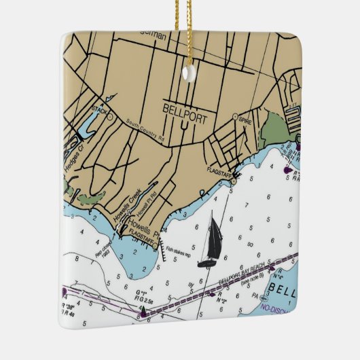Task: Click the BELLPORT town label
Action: (185, 107)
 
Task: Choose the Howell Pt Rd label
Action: (147, 204)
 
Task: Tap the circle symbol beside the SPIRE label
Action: (235, 117)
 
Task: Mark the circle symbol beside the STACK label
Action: (110, 115)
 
